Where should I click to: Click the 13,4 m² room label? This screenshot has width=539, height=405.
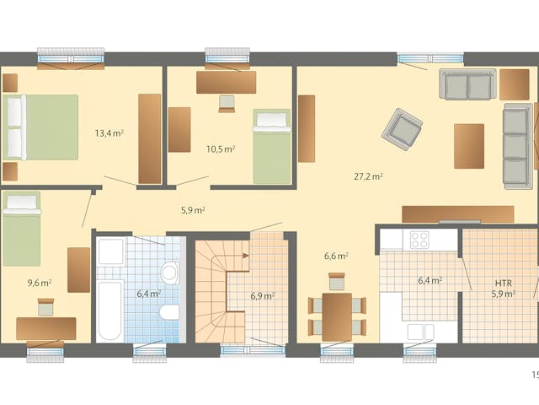[109, 132]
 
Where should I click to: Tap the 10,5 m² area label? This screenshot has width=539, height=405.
[221, 148]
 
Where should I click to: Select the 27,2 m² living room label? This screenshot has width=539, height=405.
[368, 176]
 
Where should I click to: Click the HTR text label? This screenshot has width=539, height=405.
[504, 283]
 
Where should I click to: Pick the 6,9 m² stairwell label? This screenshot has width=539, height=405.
[263, 295]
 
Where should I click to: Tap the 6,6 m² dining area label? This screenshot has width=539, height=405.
[337, 255]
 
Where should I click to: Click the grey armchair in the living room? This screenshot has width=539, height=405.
[402, 129]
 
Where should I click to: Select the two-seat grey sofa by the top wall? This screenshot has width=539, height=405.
[467, 84]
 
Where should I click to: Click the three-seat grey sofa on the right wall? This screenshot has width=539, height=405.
[516, 145]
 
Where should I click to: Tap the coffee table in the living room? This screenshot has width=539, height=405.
[469, 146]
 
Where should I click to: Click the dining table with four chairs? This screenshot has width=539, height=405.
[337, 316]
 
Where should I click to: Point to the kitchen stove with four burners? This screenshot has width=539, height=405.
[419, 239]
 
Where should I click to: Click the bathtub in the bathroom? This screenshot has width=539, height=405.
[109, 310]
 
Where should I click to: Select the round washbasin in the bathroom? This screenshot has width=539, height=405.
[170, 273]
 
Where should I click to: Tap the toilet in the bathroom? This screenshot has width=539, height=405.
[168, 313]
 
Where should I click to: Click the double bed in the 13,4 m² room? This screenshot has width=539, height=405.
[40, 127]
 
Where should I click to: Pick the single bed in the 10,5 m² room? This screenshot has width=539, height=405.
[271, 146]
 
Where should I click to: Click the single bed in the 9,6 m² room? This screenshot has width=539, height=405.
[22, 228]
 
